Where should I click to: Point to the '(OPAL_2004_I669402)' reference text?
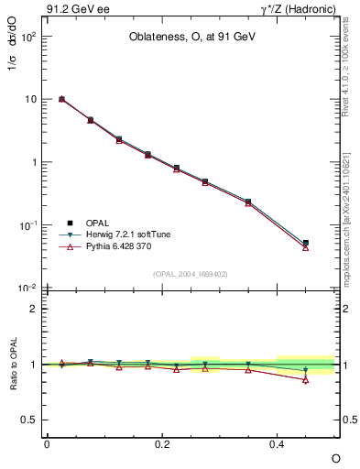pyautogui.click(x=191, y=273)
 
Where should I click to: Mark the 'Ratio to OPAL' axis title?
pyautogui.click(x=13, y=365)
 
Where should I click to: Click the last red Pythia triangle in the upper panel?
pyautogui.click(x=306, y=247)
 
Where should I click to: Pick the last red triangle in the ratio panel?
pyautogui.click(x=306, y=379)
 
